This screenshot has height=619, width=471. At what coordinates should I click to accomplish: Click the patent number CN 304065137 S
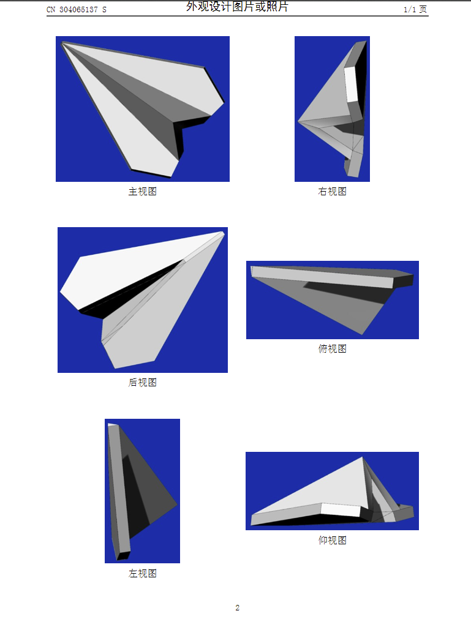click(77, 10)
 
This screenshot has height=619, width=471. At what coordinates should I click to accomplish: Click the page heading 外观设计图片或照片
click(237, 7)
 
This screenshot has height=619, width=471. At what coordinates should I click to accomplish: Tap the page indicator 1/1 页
click(415, 10)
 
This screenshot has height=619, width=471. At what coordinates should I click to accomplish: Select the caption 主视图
click(142, 192)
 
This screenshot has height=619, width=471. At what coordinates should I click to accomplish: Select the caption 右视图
click(332, 192)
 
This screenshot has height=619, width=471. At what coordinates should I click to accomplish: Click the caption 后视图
click(142, 383)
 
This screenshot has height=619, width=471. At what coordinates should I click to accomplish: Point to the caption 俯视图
click(332, 349)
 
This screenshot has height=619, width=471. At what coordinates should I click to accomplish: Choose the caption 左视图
click(142, 574)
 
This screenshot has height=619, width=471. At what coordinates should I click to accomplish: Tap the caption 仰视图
click(332, 541)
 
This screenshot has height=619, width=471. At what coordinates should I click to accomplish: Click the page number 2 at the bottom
click(237, 608)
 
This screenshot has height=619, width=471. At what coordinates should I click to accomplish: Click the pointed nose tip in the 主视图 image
click(63, 43)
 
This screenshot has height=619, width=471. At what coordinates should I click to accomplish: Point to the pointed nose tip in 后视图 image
click(222, 233)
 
